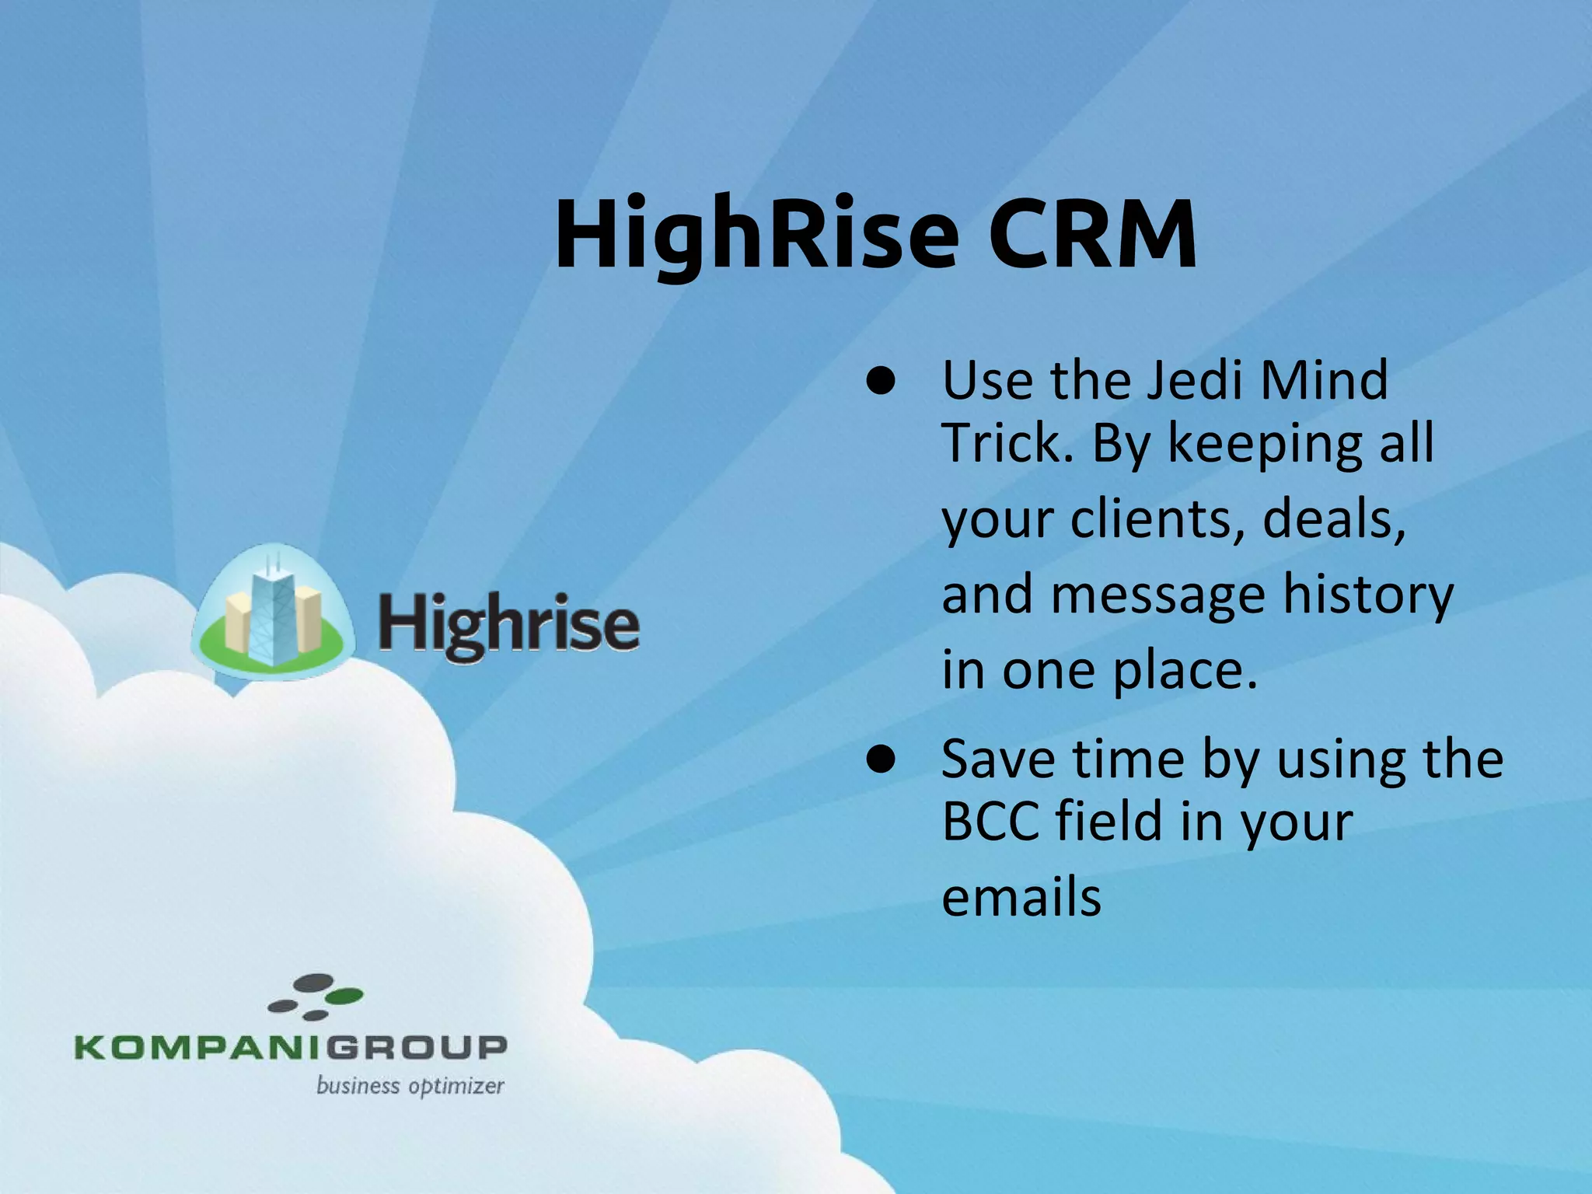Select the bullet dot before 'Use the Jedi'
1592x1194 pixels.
coord(882,382)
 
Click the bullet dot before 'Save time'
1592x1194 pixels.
coord(882,761)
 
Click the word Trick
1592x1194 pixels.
coord(1007,443)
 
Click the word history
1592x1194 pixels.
coord(1368,595)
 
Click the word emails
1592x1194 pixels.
coord(1021,897)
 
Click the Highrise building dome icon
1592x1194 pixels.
coord(271,614)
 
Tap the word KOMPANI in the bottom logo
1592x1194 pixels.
coord(198,1047)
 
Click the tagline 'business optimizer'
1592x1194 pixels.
coord(410,1086)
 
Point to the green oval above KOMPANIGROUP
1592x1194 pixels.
coord(344,996)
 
